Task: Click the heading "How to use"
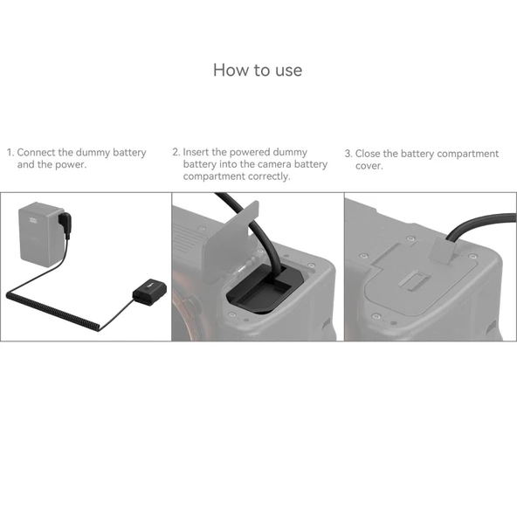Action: pyautogui.click(x=258, y=70)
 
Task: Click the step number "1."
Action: pyautogui.click(x=10, y=153)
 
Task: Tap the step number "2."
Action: pyautogui.click(x=176, y=152)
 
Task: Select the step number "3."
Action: pyautogui.click(x=348, y=154)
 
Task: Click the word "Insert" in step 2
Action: pyautogui.click(x=198, y=152)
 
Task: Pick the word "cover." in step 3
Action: pyautogui.click(x=369, y=165)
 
